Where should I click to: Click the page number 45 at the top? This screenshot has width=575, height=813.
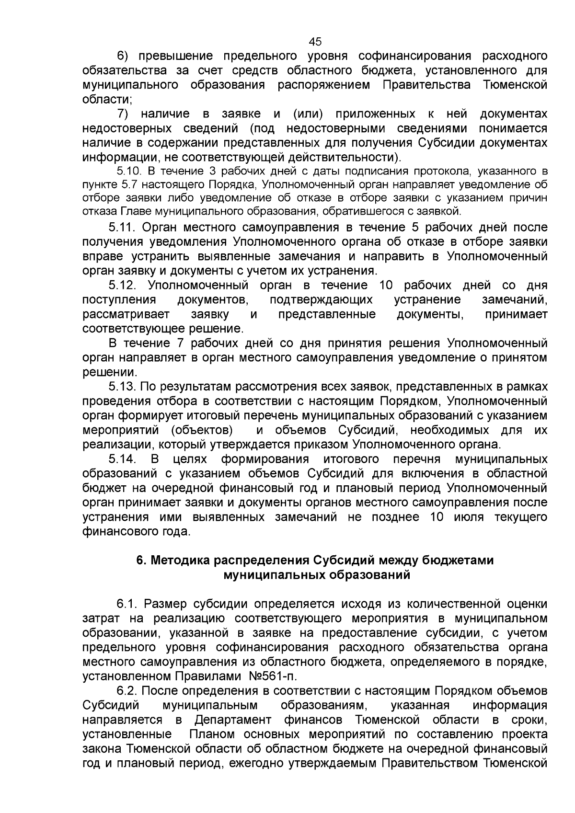[x=315, y=41]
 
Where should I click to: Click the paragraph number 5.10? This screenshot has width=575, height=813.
[x=128, y=171]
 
